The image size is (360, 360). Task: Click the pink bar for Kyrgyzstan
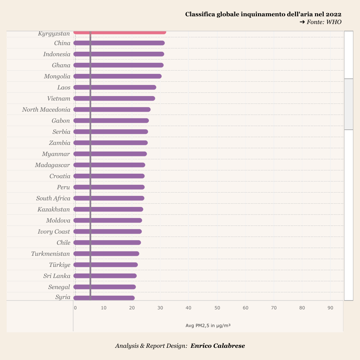pyautogui.click(x=120, y=32)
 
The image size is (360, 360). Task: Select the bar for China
pyautogui.click(x=119, y=43)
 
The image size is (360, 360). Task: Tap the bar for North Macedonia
pyautogui.click(x=112, y=109)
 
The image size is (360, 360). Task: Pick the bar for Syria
pyautogui.click(x=104, y=298)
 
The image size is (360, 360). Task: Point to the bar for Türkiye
pyautogui.click(x=106, y=265)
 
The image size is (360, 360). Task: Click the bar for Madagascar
pyautogui.click(x=109, y=165)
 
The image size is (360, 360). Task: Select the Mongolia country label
pyautogui.click(x=57, y=77)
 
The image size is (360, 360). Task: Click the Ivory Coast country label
pyautogui.click(x=54, y=232)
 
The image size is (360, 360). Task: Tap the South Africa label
pyautogui.click(x=53, y=198)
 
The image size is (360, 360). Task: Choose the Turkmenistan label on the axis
pyautogui.click(x=50, y=254)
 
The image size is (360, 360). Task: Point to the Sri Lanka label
pyautogui.click(x=57, y=276)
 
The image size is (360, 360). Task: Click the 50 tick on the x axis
pyautogui.click(x=217, y=308)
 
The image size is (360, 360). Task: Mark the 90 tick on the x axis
pyautogui.click(x=330, y=308)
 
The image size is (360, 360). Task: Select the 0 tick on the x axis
pyautogui.click(x=75, y=308)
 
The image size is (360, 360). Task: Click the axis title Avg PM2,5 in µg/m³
pyautogui.click(x=208, y=326)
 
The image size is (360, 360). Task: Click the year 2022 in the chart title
pyautogui.click(x=333, y=14)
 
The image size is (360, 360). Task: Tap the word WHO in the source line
pyautogui.click(x=333, y=22)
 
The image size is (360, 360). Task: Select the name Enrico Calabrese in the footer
pyautogui.click(x=218, y=346)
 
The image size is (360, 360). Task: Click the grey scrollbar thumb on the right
pyautogui.click(x=349, y=104)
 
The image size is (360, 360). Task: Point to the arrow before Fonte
pyautogui.click(x=302, y=22)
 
